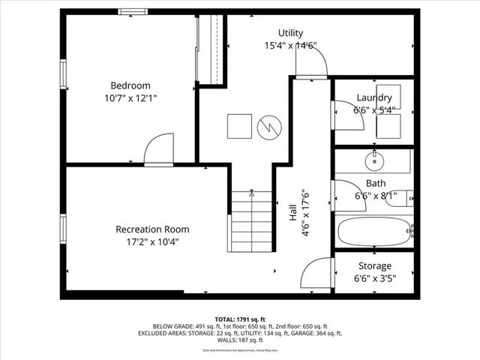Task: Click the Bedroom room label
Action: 130,85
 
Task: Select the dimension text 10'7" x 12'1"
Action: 130,98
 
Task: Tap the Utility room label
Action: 290,33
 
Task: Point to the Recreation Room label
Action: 151,229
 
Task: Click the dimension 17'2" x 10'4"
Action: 151,241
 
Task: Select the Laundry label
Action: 373,97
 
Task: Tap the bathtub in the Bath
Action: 373,232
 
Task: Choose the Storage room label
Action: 373,265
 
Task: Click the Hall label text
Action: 292,213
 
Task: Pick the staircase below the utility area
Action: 251,221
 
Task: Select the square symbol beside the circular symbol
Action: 239,125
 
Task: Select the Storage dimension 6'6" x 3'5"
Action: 373,278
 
